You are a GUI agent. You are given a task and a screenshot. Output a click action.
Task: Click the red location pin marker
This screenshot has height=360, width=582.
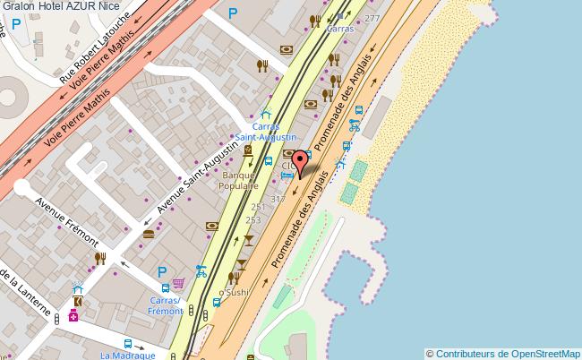click(301, 161)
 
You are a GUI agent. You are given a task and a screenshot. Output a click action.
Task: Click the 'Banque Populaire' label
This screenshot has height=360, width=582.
click(239, 181)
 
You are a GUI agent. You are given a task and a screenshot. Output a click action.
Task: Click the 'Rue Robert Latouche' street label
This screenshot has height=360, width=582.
click(95, 48)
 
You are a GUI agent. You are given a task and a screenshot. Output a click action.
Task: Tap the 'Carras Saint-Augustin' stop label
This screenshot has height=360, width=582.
click(266, 132)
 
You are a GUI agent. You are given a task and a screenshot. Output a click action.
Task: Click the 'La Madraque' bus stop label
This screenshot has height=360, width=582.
click(123, 355)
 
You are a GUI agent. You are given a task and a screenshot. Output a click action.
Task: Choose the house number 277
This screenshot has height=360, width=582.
click(372, 18)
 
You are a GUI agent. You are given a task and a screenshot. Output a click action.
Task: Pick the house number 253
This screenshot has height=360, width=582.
click(253, 219)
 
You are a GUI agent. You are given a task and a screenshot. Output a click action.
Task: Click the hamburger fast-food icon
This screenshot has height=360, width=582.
click(148, 235)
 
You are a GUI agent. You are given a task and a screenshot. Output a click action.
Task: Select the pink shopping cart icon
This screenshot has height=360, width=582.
click(178, 283)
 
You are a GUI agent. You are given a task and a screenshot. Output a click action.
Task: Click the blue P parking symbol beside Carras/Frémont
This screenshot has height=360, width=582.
click(162, 272)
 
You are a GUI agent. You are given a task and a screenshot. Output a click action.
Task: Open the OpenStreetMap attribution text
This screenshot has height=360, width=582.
click(503, 353)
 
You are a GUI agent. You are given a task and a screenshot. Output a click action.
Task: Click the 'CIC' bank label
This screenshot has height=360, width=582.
click(288, 166)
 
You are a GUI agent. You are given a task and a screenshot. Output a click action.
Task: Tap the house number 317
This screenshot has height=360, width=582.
click(278, 199)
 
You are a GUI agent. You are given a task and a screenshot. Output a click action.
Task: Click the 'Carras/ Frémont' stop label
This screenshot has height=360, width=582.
click(166, 306)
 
